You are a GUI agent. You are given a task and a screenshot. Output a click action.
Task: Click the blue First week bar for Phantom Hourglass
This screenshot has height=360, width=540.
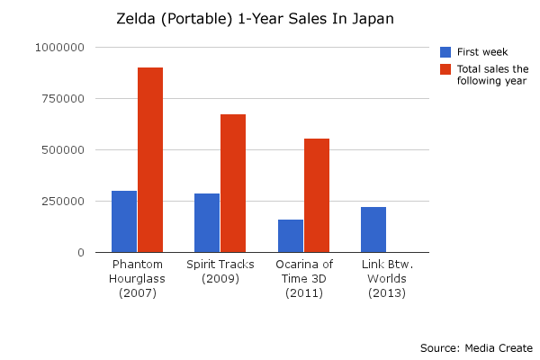pos(124,221)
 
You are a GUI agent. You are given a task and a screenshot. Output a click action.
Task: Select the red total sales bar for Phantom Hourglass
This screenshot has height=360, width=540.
pos(150,160)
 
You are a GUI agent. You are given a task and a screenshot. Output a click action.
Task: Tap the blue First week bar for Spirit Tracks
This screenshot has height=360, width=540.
pos(207,222)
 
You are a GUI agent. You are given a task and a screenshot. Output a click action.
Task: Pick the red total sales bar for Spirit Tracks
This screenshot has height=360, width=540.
pos(233,184)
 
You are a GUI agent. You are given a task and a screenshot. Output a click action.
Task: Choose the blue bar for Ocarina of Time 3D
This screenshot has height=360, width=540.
pos(291,236)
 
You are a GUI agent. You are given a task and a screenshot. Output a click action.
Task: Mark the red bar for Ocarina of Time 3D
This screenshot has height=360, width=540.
pos(317,195)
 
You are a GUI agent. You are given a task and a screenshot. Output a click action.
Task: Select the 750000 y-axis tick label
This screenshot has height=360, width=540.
pos(60,99)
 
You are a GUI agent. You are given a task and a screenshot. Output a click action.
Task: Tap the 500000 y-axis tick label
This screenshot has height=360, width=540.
pos(60,150)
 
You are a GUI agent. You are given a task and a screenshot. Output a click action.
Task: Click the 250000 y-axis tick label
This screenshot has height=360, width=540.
pos(60,202)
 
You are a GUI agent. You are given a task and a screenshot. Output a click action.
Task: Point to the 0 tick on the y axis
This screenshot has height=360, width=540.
pos(79,253)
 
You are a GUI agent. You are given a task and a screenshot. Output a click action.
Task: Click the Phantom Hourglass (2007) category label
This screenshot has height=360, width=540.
pos(138,279)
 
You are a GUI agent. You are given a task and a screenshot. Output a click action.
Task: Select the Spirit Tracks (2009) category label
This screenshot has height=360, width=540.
pos(220,272)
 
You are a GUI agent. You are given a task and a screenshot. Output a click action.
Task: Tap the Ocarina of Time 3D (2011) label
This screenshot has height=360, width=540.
pos(304,279)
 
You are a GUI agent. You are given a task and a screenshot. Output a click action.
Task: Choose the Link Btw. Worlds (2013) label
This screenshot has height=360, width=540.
pos(387,279)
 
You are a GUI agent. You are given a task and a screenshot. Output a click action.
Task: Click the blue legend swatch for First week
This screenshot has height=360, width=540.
pos(445,52)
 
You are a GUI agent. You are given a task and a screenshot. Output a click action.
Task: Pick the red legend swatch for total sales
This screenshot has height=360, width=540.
pos(445,69)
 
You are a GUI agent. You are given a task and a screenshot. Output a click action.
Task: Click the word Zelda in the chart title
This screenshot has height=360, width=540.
pos(135,18)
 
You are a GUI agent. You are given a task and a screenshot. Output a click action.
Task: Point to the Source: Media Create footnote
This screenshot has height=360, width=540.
pos(476,347)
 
